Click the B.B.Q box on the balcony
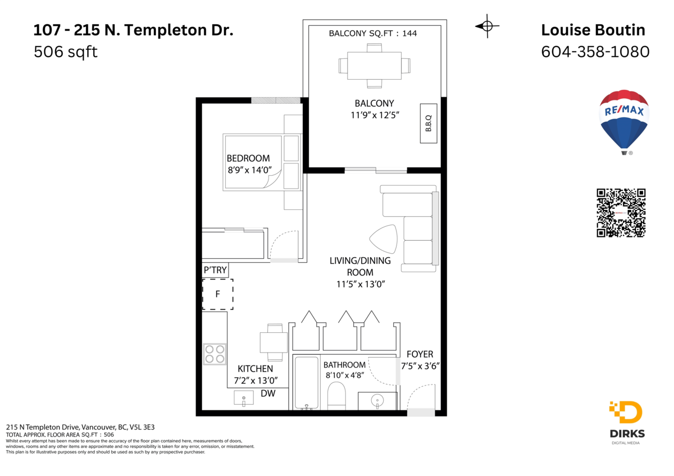pos(428,123)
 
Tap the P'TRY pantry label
pos(215,270)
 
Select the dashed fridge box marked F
pos(217,294)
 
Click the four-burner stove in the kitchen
pos(215,354)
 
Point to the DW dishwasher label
pos(268,394)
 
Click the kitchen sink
pos(244,398)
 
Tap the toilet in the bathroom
pos(336,396)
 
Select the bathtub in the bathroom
pos(306,383)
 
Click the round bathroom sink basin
pos(376,400)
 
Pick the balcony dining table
pos(374,65)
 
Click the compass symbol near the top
pos(487,26)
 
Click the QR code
pos(621,213)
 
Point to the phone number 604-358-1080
pos(595,52)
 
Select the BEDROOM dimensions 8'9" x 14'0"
pos(248,169)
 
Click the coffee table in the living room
pos(385,239)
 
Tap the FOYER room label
pos(420,354)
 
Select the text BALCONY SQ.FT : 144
pos(372,34)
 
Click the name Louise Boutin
pos(593,30)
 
